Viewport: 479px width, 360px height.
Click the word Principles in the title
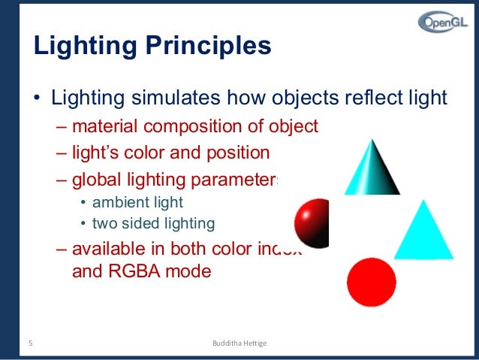point(207,47)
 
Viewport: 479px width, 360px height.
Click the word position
point(241,153)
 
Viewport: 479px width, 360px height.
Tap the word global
point(95,180)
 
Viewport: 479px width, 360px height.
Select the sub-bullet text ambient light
point(137,202)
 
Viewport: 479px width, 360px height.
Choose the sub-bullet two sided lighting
point(153,223)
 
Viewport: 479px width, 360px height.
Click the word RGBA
point(139,272)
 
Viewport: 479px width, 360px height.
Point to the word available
point(110,250)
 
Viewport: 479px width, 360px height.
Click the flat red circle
point(371,283)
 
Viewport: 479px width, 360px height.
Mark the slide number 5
point(31,343)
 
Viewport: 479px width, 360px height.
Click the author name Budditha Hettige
point(240,343)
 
